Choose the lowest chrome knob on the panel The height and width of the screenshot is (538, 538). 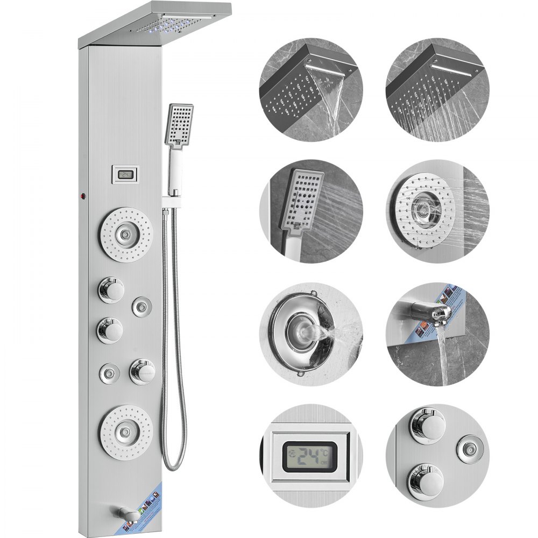pyautogui.click(x=142, y=371)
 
